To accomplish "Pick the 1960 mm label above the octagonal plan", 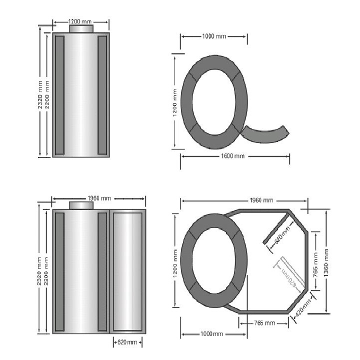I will pyautogui.click(x=261, y=200).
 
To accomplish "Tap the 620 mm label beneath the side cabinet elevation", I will pyautogui.click(x=127, y=342).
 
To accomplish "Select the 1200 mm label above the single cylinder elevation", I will pyautogui.click(x=81, y=21).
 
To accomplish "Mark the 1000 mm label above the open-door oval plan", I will pyautogui.click(x=213, y=37).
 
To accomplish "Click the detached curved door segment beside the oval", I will pyautogui.click(x=266, y=134).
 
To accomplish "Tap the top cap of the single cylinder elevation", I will pyautogui.click(x=81, y=29).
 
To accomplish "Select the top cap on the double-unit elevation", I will pyautogui.click(x=81, y=205).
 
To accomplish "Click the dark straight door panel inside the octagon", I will pyautogui.click(x=278, y=227).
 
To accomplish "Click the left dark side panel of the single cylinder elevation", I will pyautogui.click(x=59, y=95).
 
